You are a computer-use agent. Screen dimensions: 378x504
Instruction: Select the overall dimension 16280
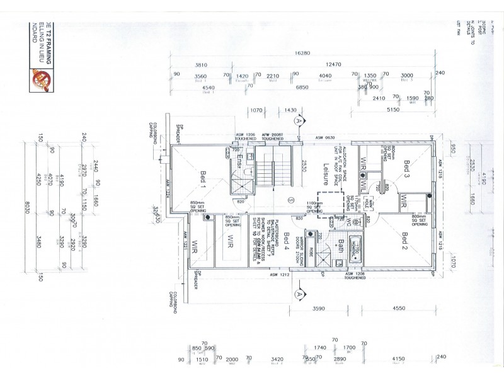click(x=302, y=55)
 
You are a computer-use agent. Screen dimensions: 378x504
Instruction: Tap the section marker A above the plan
click(x=302, y=118)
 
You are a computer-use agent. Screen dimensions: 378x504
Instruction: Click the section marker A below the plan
click(x=301, y=292)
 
